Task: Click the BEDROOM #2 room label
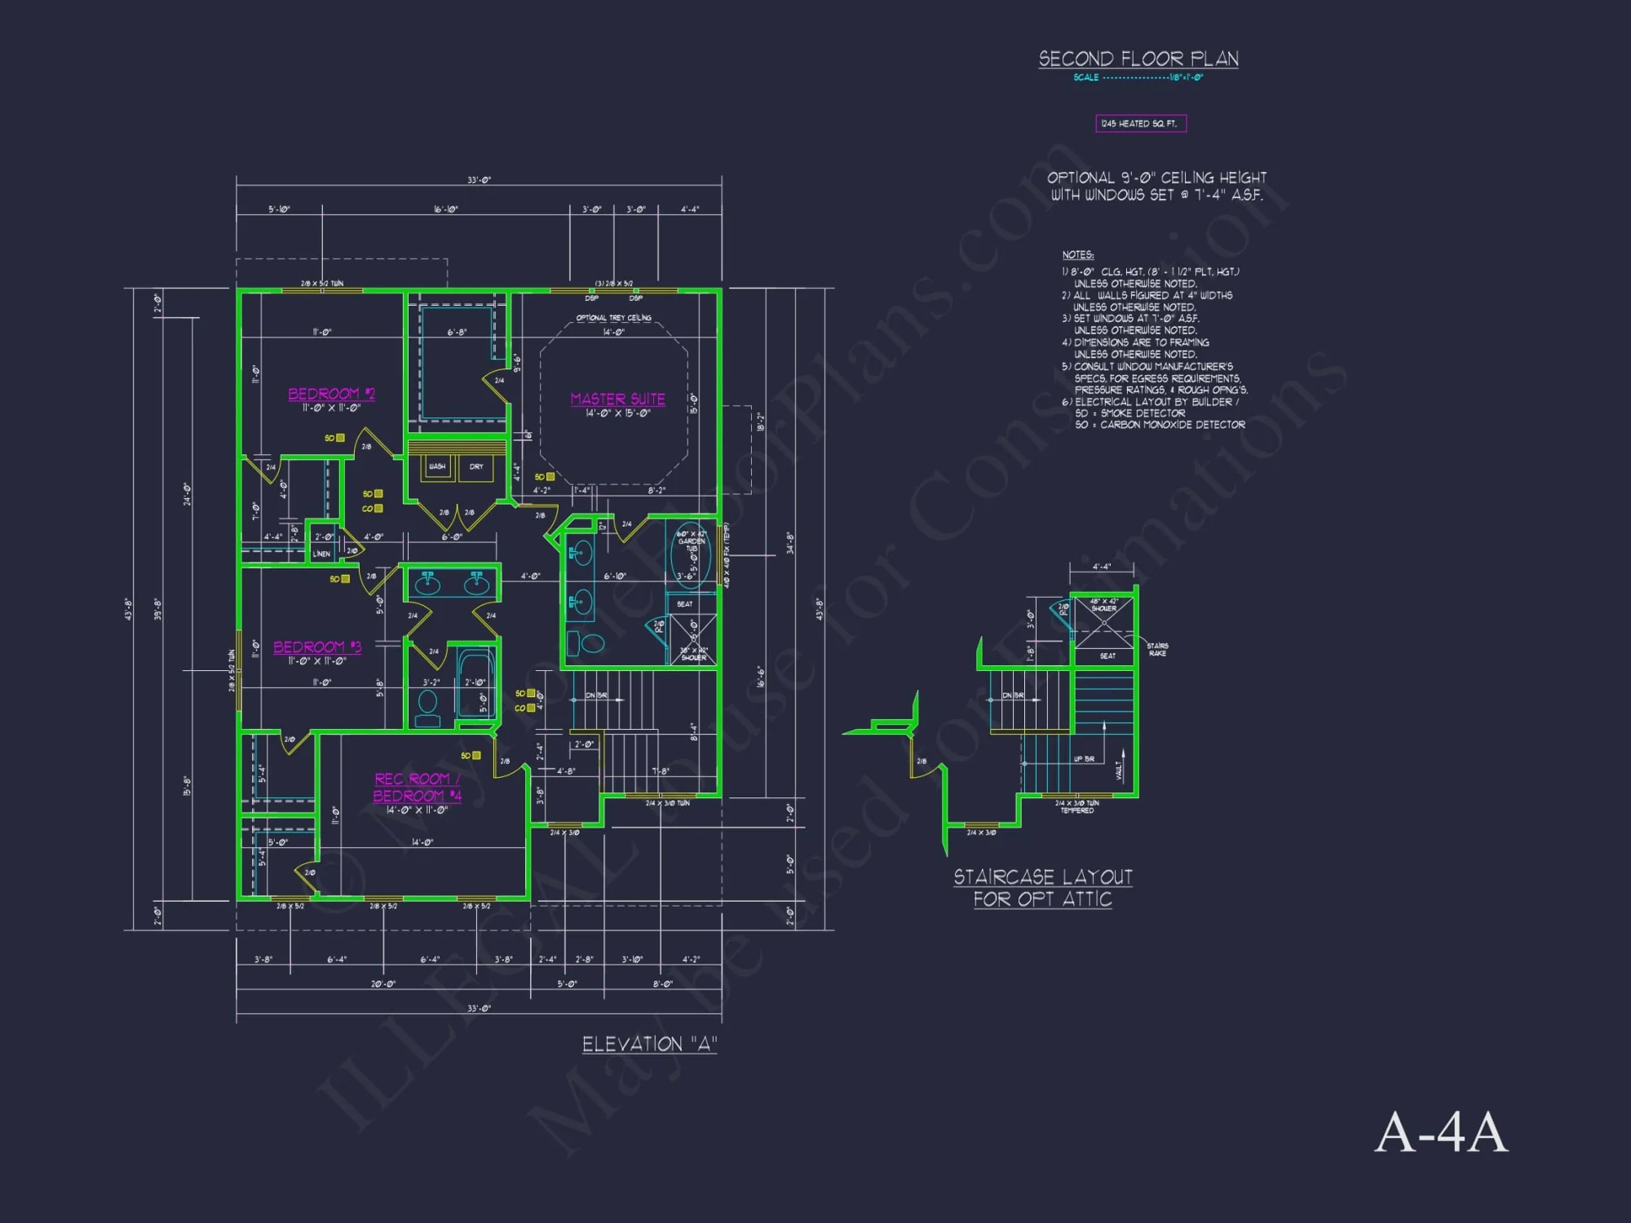click(331, 394)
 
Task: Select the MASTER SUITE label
click(617, 399)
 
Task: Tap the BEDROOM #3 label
click(316, 647)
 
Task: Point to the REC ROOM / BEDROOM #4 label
click(417, 787)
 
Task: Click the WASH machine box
click(438, 467)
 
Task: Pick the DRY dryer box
click(476, 467)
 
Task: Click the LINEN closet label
click(322, 554)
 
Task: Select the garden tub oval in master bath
click(690, 554)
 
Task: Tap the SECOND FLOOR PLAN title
click(1138, 59)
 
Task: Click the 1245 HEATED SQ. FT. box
click(1140, 124)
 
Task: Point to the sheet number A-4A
click(1441, 1132)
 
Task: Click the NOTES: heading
click(1077, 255)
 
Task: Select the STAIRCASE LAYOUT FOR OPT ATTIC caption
click(1043, 888)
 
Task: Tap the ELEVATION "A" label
click(649, 1044)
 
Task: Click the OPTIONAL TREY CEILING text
click(613, 318)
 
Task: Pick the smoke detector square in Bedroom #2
click(340, 438)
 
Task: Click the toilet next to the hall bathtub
click(427, 706)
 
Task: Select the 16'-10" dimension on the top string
click(445, 210)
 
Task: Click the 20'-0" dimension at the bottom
click(382, 984)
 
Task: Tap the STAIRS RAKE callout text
click(1157, 649)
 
